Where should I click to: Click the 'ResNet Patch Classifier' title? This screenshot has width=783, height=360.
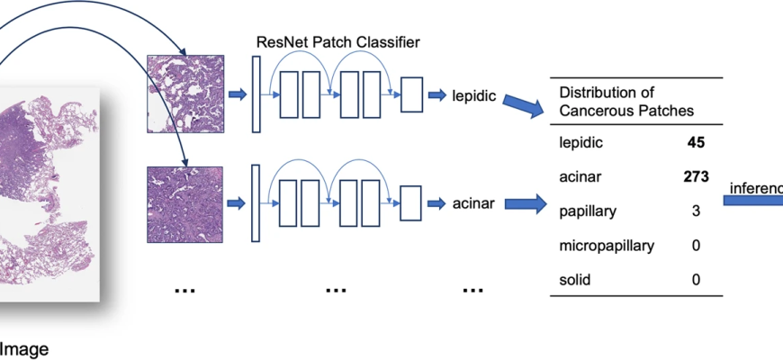click(337, 41)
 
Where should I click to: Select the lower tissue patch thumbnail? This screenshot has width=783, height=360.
click(184, 202)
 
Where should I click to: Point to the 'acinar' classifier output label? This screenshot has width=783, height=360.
click(474, 204)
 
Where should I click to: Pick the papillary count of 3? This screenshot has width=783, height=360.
click(696, 211)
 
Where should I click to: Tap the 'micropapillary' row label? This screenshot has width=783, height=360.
click(606, 245)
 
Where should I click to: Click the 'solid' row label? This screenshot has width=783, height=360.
click(575, 279)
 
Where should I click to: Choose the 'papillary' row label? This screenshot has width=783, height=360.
click(589, 211)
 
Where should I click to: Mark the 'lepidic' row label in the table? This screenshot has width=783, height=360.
click(581, 142)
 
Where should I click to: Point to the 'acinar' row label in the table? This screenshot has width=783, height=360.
click(580, 176)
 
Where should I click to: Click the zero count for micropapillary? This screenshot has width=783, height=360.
click(696, 245)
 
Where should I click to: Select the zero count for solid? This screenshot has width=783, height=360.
click(696, 279)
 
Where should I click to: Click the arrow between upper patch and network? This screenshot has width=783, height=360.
click(238, 94)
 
